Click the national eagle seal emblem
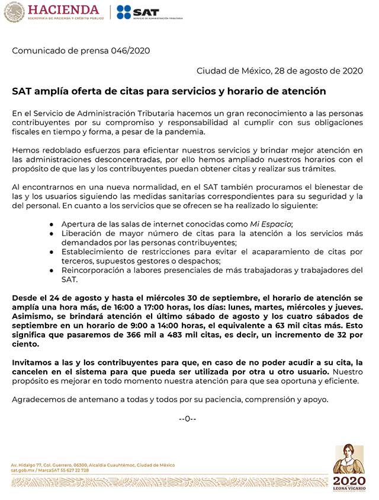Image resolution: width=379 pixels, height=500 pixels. (x=14, y=12)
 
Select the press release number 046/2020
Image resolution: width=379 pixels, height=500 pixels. (x=130, y=50)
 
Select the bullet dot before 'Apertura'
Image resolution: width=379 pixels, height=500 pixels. (x=52, y=224)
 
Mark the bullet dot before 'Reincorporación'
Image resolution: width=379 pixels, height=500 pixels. (x=52, y=270)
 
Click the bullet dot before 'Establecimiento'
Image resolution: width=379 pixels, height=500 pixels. (x=52, y=252)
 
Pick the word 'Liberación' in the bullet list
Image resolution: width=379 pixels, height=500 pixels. (x=82, y=234)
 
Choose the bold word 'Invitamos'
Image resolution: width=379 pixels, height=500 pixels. (x=33, y=362)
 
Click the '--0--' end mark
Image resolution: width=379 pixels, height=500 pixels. (x=187, y=419)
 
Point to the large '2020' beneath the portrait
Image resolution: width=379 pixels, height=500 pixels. (x=349, y=480)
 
